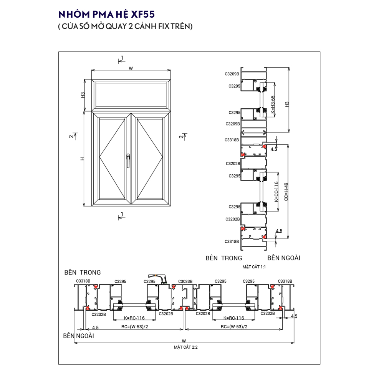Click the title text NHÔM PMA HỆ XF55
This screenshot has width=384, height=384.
point(106,15)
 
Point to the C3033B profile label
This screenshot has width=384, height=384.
point(185,281)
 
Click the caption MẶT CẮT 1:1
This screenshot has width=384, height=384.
point(254,266)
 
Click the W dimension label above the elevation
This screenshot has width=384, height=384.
point(131,68)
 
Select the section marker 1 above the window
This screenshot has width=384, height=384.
point(122,58)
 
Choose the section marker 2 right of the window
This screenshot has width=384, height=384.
point(181,136)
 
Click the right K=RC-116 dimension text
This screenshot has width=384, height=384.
point(233,318)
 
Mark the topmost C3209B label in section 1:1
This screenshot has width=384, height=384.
point(232,74)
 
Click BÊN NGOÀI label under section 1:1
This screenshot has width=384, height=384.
point(284,258)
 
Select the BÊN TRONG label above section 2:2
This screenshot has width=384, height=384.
point(83,273)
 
